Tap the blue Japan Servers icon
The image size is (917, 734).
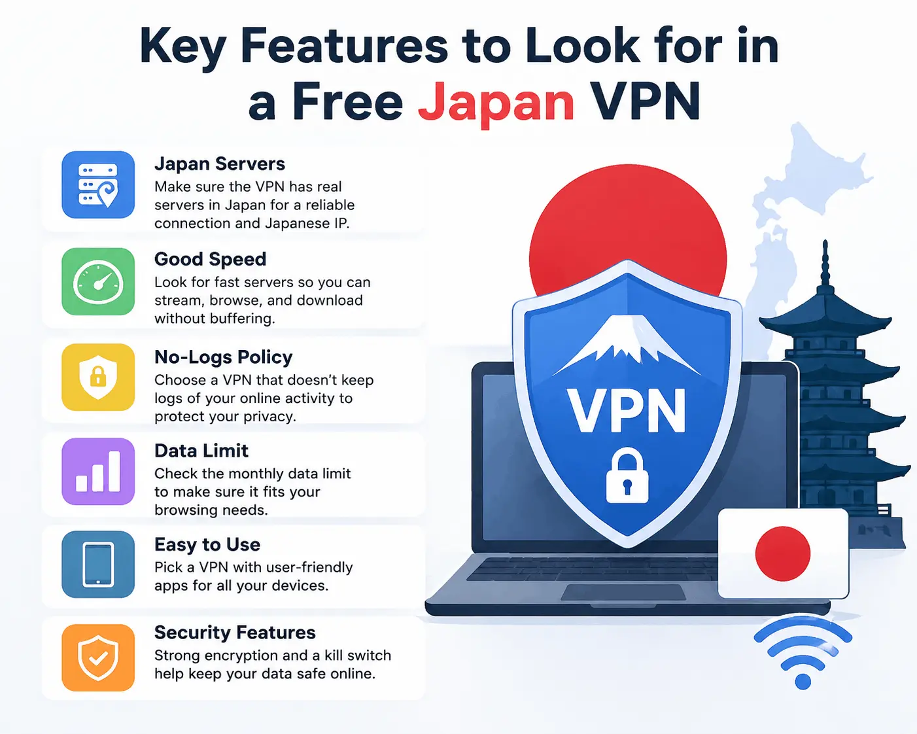pos(98,184)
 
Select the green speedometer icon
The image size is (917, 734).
pos(98,281)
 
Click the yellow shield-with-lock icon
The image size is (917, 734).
pos(98,377)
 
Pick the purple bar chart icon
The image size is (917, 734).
pos(98,472)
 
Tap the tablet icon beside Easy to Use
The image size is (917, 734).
pos(98,565)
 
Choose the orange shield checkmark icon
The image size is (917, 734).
pos(98,657)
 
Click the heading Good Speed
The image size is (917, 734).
pos(210,260)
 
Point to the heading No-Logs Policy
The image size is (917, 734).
pos(223,357)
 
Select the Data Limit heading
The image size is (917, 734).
pos(201,451)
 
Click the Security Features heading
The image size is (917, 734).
pos(235,633)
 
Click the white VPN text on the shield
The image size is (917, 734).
pos(626,410)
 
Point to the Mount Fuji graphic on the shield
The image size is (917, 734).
pos(627,345)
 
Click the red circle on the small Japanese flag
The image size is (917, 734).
pos(782,553)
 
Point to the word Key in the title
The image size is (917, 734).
pos(182,47)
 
